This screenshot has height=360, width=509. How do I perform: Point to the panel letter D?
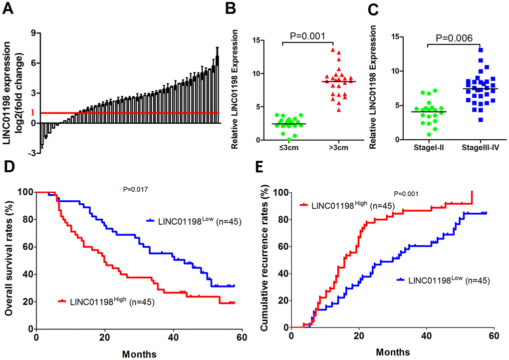[x=7, y=180]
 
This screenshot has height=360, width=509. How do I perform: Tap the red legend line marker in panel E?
[x=305, y=205]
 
